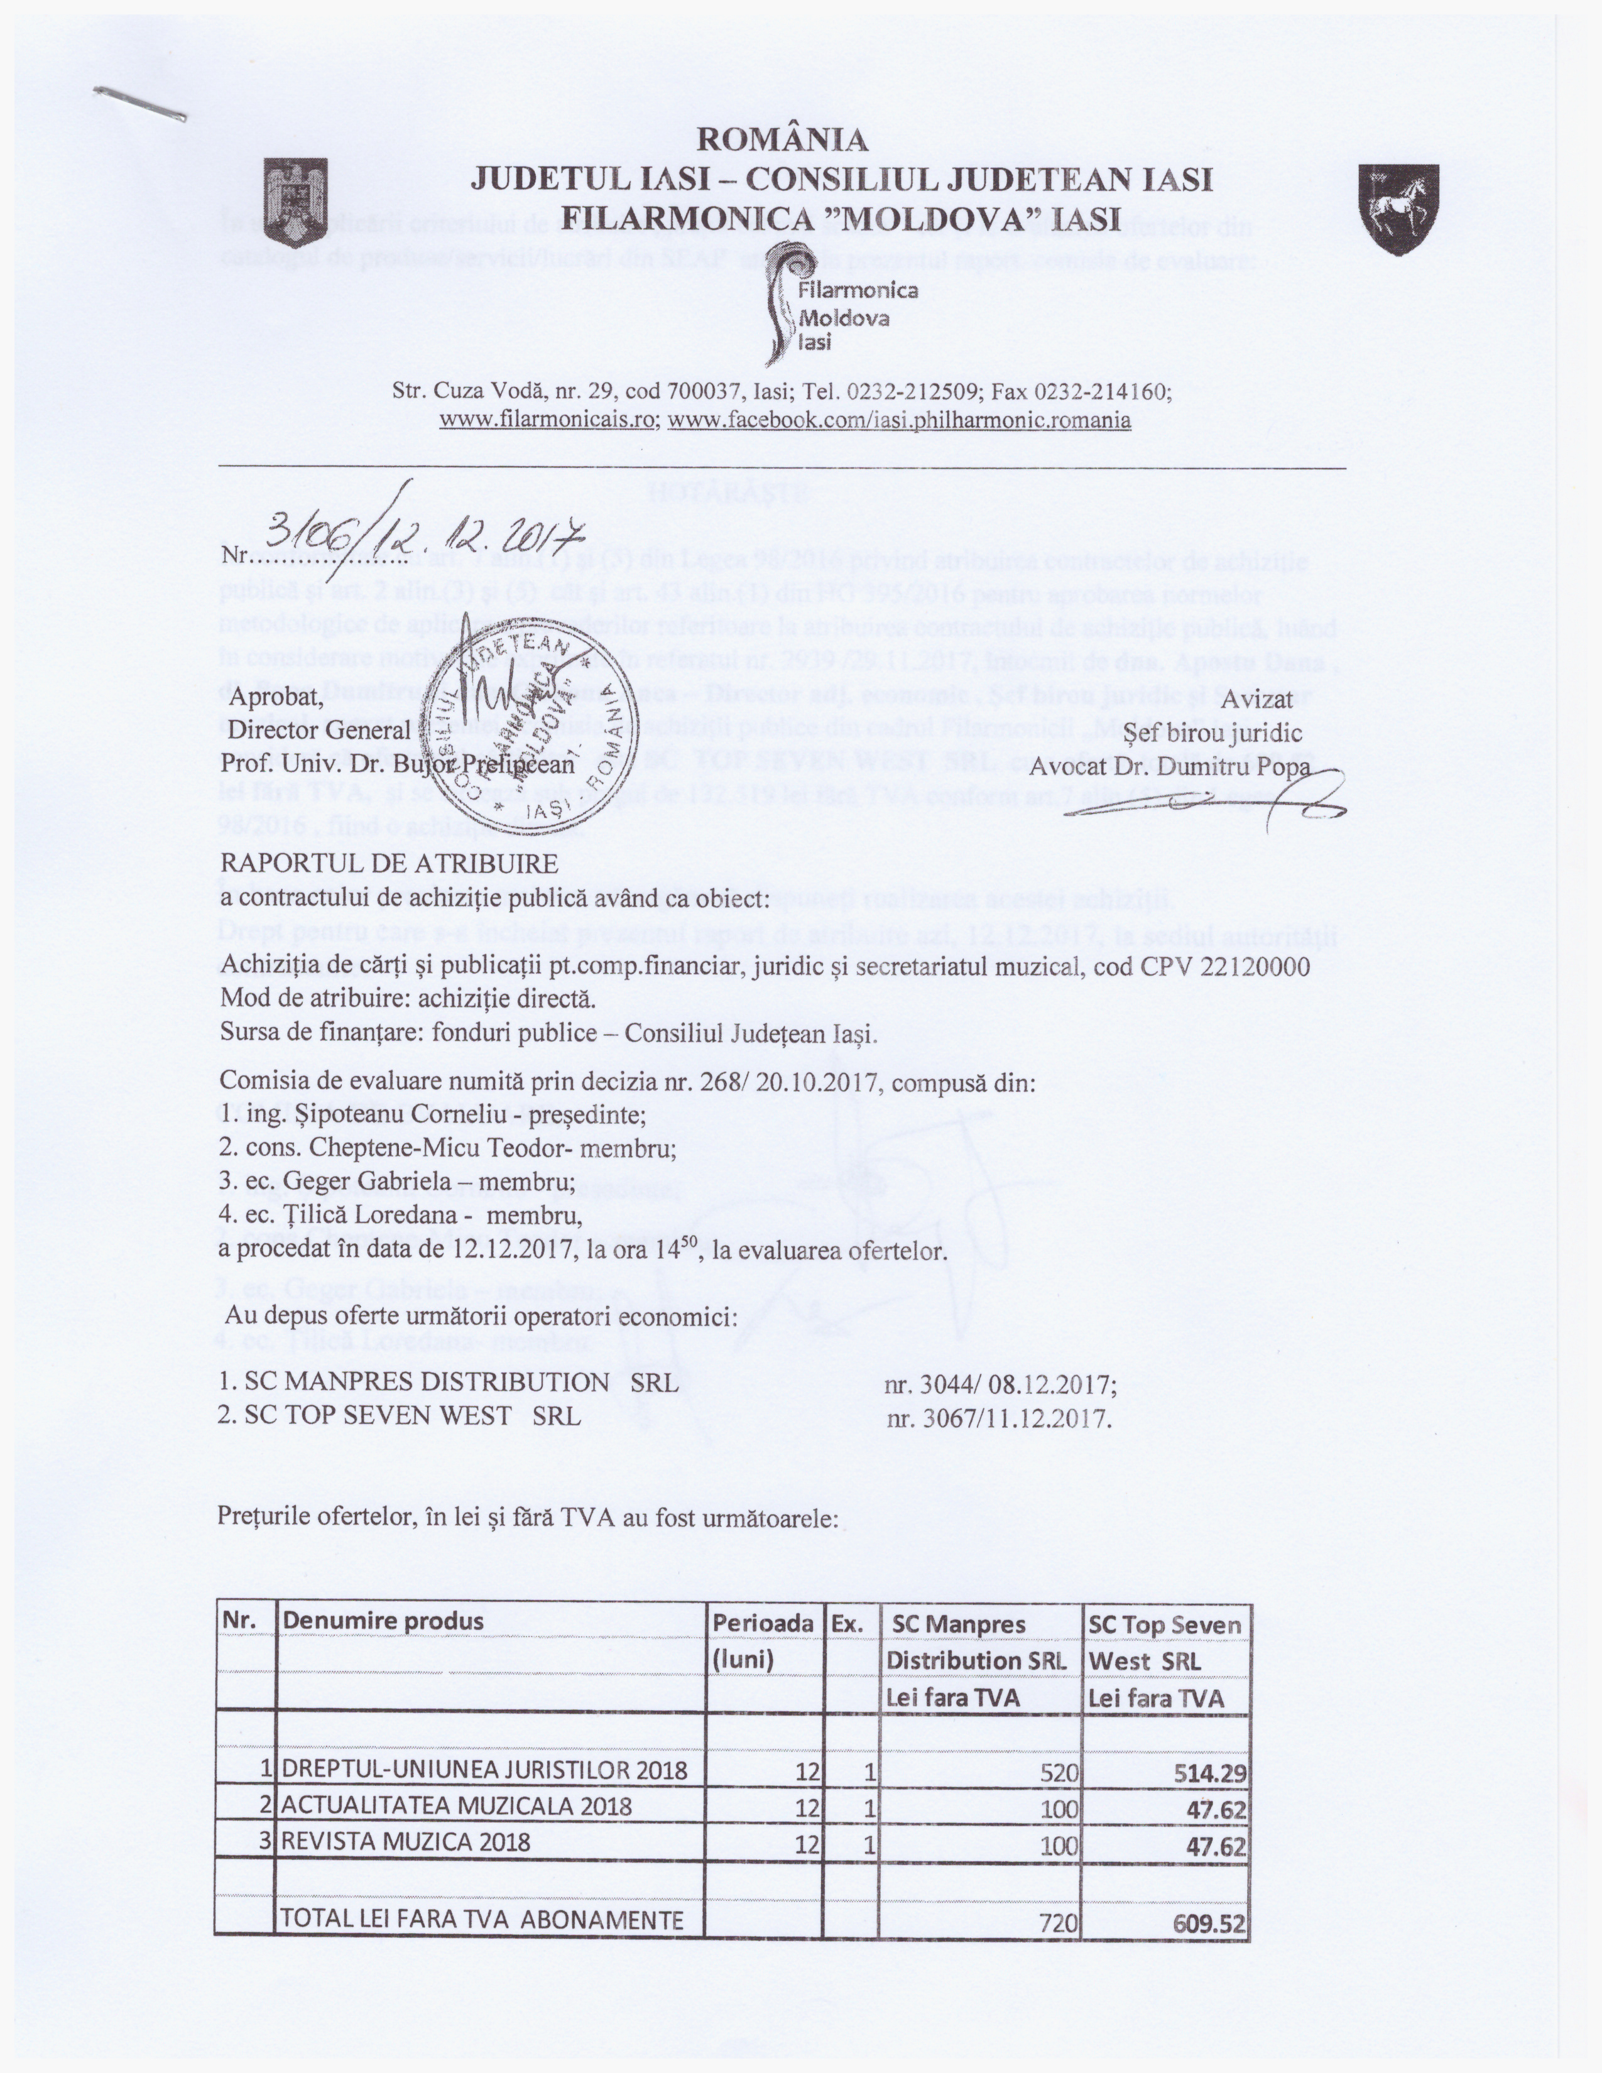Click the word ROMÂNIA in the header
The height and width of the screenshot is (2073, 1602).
(782, 139)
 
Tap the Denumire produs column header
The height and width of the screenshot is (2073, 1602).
(383, 1621)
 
